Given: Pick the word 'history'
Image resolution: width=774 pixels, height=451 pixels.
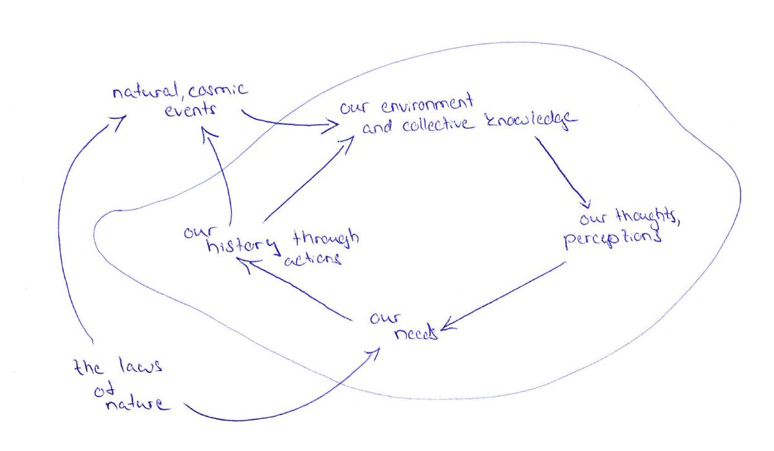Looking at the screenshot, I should [243, 245].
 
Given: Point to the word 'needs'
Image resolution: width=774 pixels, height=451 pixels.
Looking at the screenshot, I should [415, 334].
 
